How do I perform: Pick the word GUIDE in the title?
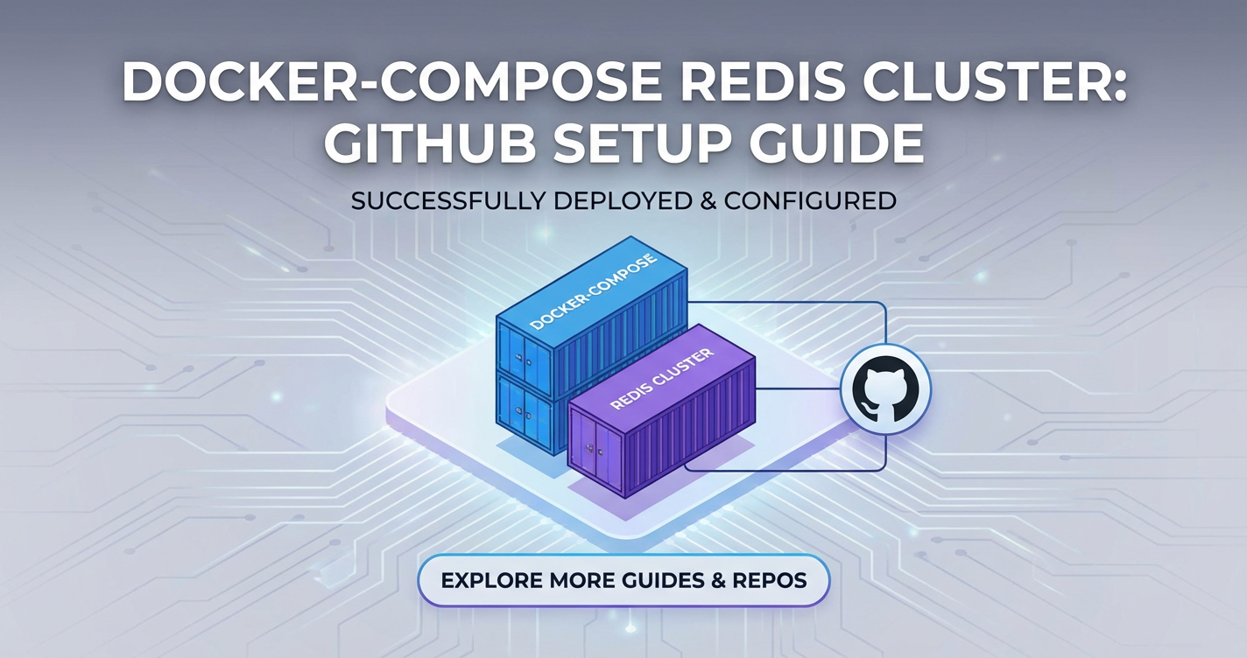point(836,143)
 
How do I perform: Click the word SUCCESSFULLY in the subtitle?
point(448,201)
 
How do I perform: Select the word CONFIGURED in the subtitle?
point(810,201)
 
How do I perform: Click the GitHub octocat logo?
point(885,389)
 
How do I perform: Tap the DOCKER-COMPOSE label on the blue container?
point(593,292)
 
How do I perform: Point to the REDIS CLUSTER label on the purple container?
point(662,380)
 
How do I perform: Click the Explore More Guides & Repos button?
point(623,581)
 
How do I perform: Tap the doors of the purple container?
point(595,450)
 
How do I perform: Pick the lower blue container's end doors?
point(525,411)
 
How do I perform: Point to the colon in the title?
point(1120,87)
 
